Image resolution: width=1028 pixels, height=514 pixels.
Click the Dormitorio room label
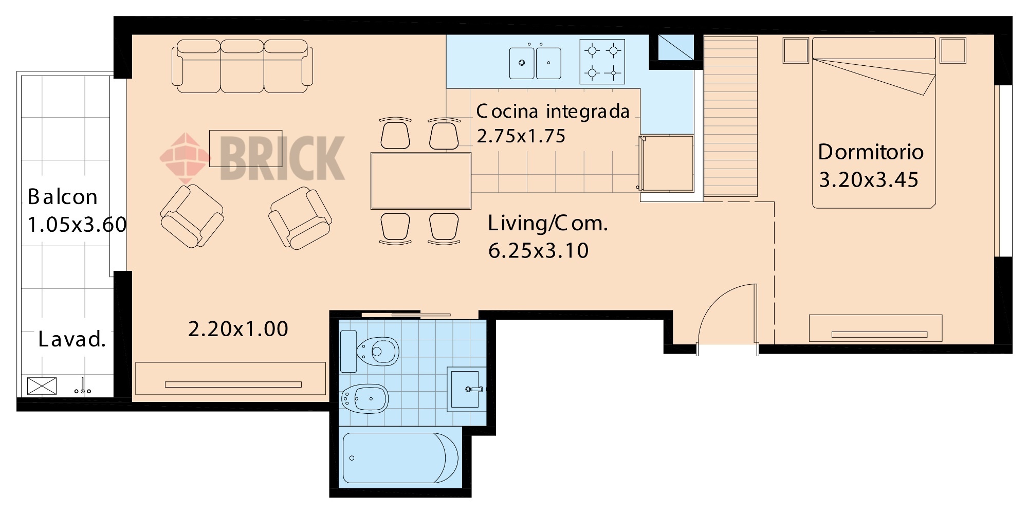coord(871,152)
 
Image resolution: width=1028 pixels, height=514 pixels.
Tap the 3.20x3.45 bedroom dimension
coord(869,180)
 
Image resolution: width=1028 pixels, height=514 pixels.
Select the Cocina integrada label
coord(553,111)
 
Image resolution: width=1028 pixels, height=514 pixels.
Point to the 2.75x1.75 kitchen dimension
coord(521,136)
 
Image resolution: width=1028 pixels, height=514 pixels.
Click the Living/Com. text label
coord(548,223)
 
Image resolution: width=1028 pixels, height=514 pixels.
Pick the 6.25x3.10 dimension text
coord(538,250)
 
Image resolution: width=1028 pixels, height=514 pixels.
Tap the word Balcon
coord(63,197)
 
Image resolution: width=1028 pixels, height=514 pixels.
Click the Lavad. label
coord(72,339)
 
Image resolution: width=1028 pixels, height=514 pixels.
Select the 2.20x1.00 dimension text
coord(238,329)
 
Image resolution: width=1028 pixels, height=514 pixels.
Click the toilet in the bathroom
coord(370,352)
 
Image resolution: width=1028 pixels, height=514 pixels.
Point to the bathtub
coord(400,458)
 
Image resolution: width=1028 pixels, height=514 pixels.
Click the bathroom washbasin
coord(466,389)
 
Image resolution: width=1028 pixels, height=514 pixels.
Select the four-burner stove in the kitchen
coord(602,62)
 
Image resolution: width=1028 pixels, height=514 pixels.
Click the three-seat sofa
coord(242,66)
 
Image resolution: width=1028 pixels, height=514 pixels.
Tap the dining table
coord(421,181)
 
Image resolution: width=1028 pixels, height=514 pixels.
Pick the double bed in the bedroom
coord(874,122)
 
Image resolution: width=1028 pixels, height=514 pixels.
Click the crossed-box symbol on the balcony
coord(42,385)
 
